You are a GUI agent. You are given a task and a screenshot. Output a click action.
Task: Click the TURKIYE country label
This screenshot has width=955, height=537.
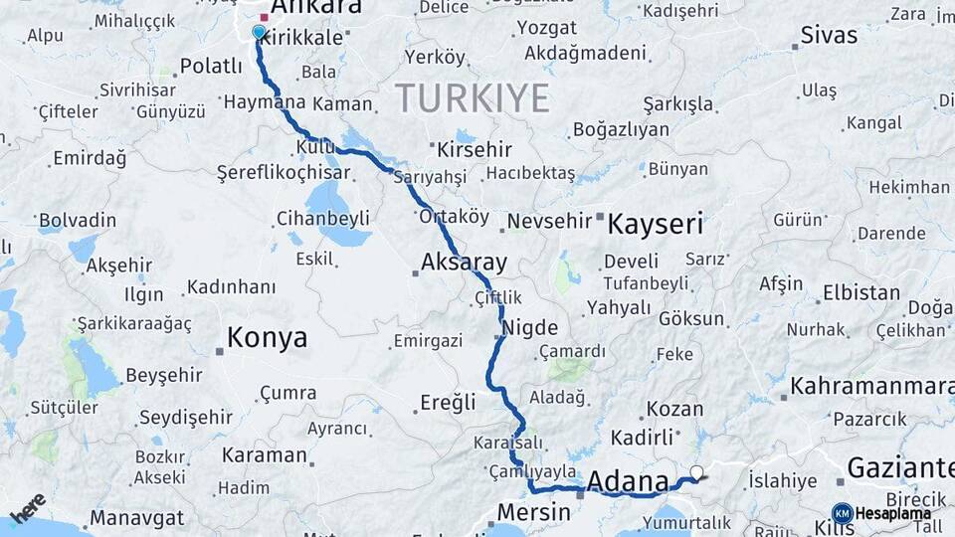[473, 98]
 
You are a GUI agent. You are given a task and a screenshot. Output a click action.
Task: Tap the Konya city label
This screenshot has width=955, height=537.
[267, 338]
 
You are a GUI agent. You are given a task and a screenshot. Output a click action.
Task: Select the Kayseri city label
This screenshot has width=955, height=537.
[655, 223]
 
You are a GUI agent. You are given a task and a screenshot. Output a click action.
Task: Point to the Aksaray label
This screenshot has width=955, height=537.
[464, 264]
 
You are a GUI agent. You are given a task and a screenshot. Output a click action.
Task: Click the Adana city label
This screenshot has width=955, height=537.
[628, 482]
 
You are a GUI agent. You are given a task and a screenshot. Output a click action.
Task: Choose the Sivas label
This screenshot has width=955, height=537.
[829, 36]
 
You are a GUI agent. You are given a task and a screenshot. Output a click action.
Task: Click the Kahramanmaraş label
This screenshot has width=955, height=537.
[871, 386]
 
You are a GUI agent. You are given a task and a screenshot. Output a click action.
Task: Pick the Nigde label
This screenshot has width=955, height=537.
[530, 328]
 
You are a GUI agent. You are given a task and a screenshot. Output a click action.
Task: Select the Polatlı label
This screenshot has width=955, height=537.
[211, 67]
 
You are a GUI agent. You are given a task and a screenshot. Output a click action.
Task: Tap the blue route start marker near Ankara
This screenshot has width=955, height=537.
[259, 32]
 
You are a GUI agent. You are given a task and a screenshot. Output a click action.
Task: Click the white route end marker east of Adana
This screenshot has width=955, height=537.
[696, 472]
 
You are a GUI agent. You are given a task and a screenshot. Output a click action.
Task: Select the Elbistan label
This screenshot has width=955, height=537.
[861, 293]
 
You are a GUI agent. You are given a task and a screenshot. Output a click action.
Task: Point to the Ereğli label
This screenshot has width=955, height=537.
[450, 403]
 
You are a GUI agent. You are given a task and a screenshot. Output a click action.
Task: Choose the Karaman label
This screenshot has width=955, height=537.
[264, 455]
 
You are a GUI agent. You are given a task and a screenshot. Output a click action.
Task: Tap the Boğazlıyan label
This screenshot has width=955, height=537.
[620, 130]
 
